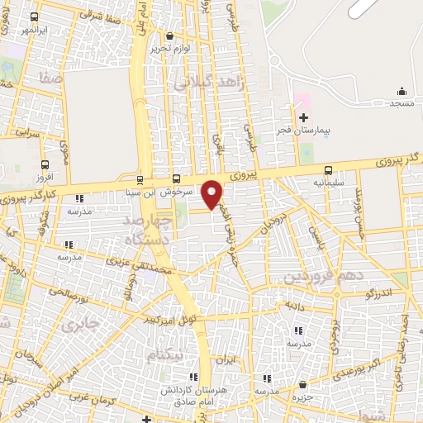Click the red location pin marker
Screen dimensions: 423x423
pyautogui.click(x=212, y=193)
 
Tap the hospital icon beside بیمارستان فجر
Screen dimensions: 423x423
pyautogui.click(x=303, y=118)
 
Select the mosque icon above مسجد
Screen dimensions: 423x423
pyautogui.click(x=402, y=91)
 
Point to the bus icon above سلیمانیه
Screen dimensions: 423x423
pyautogui.click(x=329, y=169)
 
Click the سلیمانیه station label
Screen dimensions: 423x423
pyautogui.click(x=329, y=182)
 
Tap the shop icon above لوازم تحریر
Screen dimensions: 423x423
pyautogui.click(x=170, y=36)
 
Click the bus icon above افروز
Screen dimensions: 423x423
pyautogui.click(x=45, y=164)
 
